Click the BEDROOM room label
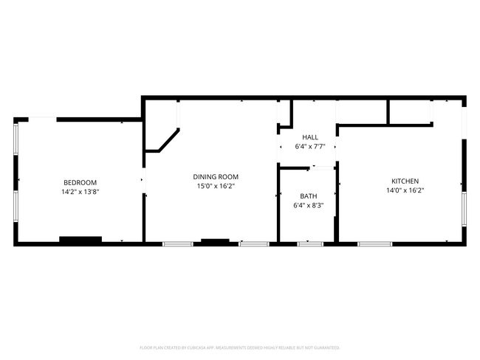click(x=80, y=182)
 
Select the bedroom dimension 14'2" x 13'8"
click(x=80, y=191)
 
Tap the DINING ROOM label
click(x=216, y=176)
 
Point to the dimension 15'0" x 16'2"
click(x=216, y=186)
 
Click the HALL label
click(x=310, y=137)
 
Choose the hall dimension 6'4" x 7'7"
click(x=310, y=146)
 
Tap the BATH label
click(x=308, y=195)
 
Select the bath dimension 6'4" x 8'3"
click(x=308, y=205)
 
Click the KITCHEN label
click(x=405, y=181)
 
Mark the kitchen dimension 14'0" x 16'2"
click(x=405, y=190)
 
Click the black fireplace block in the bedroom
click(x=80, y=239)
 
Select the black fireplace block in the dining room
click(x=215, y=240)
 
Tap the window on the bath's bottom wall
click(x=310, y=243)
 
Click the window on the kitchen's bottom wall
click(x=375, y=243)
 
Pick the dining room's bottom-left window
click(x=178, y=243)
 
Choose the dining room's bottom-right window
click(x=253, y=243)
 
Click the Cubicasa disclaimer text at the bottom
click(x=239, y=347)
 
